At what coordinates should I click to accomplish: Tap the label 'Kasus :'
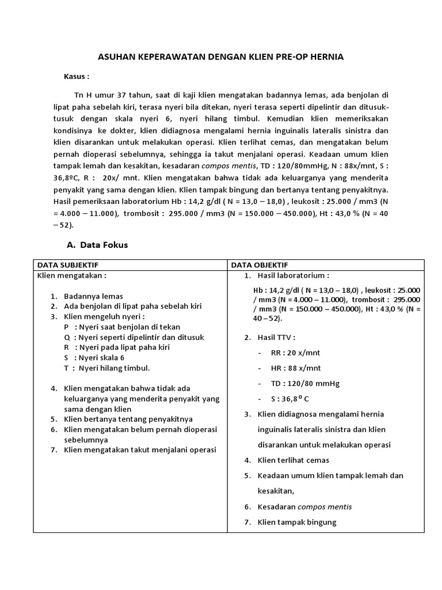(x=77, y=76)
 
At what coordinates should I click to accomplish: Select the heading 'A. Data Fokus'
(x=97, y=245)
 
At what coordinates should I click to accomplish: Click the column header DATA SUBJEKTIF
(x=68, y=265)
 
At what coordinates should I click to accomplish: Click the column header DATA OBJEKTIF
(x=260, y=265)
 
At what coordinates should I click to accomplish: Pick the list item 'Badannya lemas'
(x=93, y=296)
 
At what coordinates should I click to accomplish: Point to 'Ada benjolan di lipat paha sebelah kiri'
(x=132, y=306)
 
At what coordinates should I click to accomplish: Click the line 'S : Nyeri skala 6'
(x=94, y=357)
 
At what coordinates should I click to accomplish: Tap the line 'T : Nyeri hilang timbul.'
(x=107, y=368)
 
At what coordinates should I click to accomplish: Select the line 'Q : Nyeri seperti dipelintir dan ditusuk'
(x=132, y=337)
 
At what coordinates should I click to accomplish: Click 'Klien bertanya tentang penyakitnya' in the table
(x=128, y=419)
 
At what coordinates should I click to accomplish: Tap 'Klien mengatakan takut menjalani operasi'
(x=140, y=450)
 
